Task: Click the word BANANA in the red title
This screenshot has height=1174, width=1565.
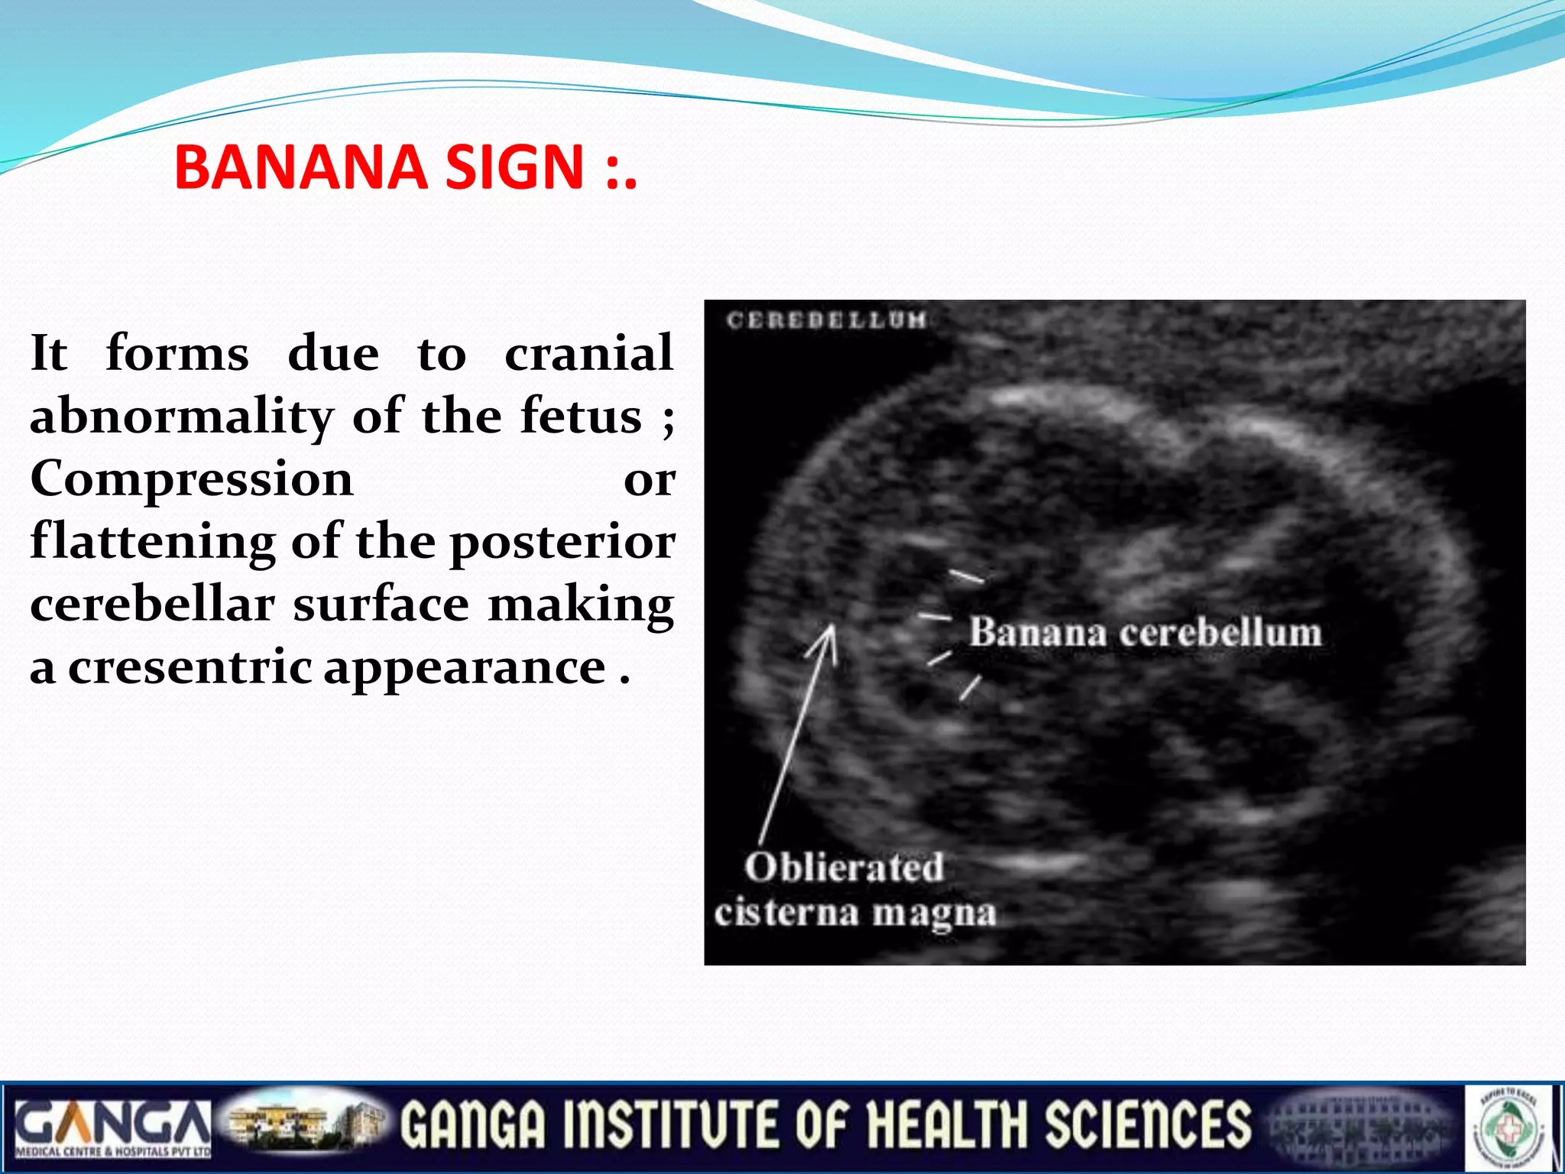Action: pos(300,167)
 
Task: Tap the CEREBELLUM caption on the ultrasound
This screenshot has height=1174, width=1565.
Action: pos(826,319)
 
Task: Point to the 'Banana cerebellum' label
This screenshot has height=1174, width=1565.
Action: pos(1145,633)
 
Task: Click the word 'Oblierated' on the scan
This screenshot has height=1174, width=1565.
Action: pos(844,868)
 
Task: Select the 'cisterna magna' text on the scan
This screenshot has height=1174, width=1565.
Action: pos(855,913)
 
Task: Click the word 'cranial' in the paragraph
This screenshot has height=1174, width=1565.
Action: pos(588,355)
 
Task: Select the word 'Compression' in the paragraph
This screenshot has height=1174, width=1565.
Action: pos(191,480)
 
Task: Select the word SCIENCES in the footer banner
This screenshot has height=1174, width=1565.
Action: pos(1147,1125)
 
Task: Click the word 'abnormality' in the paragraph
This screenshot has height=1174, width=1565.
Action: pos(181,417)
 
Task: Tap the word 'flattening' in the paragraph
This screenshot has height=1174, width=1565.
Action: pos(152,543)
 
